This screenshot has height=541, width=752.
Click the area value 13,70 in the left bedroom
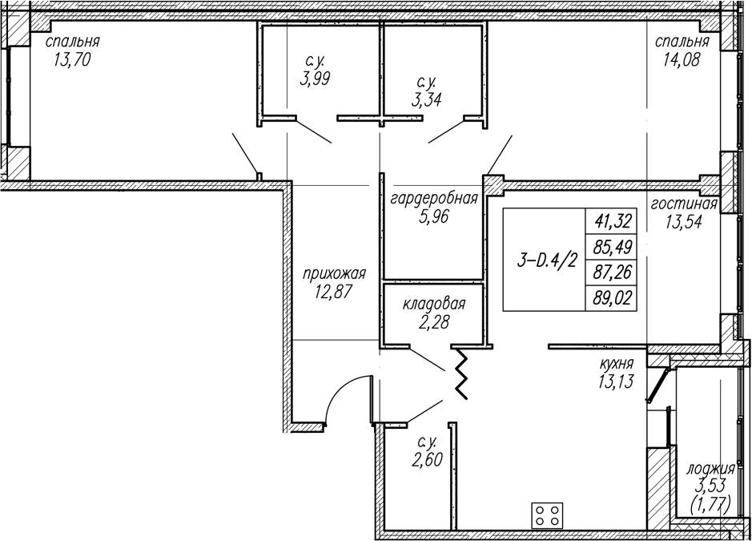tap(72, 60)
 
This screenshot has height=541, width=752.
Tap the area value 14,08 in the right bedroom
tap(682, 60)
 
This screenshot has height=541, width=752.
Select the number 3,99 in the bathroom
tap(315, 79)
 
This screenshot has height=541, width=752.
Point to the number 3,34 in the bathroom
tap(425, 100)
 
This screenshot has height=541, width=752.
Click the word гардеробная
tap(434, 198)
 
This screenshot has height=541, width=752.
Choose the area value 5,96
tap(433, 217)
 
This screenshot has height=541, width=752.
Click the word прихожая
tap(334, 274)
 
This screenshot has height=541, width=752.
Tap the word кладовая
tap(434, 304)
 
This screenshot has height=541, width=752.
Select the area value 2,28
tap(433, 322)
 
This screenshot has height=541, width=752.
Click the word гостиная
tap(684, 204)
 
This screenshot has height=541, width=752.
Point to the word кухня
tap(616, 364)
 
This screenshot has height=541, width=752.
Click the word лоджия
tap(710, 469)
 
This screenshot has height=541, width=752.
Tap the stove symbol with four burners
tap(547, 516)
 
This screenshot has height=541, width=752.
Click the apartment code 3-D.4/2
tap(547, 260)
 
